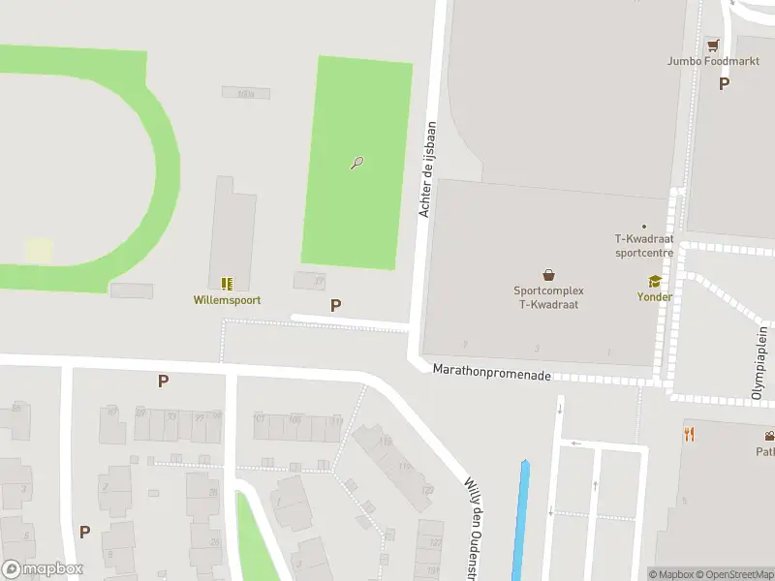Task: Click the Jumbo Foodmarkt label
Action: pos(713,61)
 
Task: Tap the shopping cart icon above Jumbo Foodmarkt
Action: pos(713,45)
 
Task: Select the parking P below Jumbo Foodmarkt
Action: pos(724,83)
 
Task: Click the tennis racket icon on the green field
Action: pos(357,163)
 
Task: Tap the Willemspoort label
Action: pos(226,300)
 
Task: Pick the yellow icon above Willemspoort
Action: pos(226,284)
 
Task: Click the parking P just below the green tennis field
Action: pos(335,305)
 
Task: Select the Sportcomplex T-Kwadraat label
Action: pos(548,296)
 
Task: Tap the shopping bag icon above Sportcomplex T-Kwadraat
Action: pos(548,275)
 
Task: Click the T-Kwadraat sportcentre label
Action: pos(644,246)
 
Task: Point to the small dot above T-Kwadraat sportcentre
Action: pos(644,227)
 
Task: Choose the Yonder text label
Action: pos(655,297)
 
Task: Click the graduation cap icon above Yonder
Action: pos(655,282)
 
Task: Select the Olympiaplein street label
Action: pos(760,363)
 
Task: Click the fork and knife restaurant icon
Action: pos(690,434)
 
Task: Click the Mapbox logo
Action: pos(43,569)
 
